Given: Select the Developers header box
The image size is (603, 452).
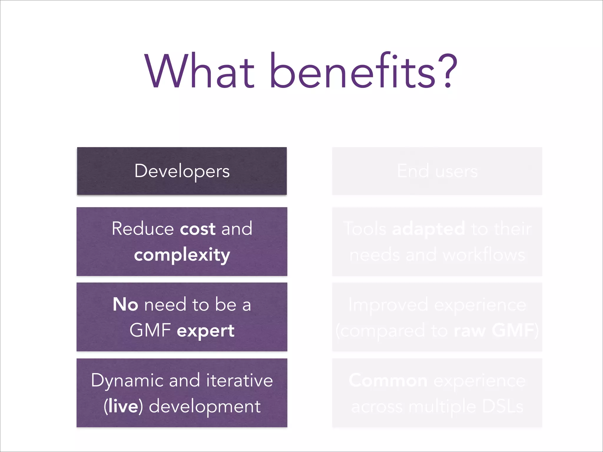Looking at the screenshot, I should point(182,171).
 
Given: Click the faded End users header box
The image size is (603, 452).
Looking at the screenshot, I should point(437,171).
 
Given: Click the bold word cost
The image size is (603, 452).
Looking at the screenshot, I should point(198,229).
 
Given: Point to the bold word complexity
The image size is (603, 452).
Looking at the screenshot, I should point(182,255).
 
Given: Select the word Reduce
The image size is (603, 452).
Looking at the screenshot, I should point(143,229).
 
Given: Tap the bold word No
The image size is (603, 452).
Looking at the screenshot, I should point(125,305).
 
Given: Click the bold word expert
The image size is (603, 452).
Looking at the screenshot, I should point(206,331).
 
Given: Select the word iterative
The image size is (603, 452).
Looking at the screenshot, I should point(239,380).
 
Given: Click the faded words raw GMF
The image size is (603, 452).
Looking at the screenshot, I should point(494,331).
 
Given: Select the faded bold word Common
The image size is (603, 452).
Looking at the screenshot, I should point(388,381).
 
